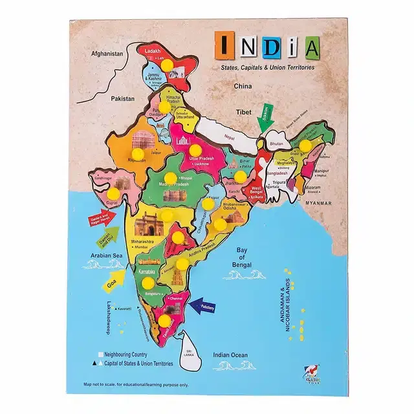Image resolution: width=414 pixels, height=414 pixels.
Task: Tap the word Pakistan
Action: click(x=122, y=98)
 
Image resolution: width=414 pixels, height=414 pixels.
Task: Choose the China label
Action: click(x=242, y=85)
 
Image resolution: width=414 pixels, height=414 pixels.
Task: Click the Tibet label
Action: click(x=243, y=112)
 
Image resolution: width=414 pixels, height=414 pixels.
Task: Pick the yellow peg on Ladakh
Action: click(x=167, y=65)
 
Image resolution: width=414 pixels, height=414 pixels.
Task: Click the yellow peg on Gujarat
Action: click(x=114, y=193)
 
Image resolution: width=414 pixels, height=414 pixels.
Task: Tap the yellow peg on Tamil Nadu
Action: click(x=165, y=320)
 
